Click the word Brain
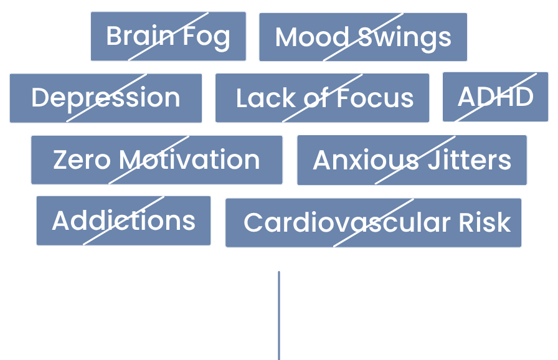tap(131, 36)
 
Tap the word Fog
tap(206, 37)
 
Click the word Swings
tap(404, 37)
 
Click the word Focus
tap(376, 98)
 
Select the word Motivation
tap(189, 160)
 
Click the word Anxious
tap(366, 161)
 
